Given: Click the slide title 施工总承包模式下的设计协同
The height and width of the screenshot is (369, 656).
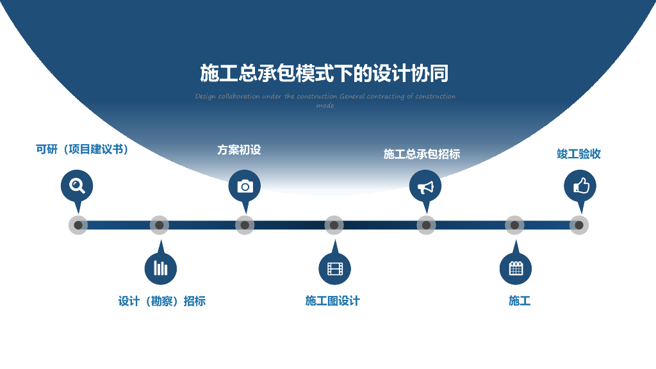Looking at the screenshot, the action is (x=324, y=74).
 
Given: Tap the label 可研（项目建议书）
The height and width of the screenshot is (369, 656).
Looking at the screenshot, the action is (x=83, y=149).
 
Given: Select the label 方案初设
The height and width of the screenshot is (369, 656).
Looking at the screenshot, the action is (x=239, y=150).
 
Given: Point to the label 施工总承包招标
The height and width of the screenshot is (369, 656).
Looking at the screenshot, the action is (x=422, y=154).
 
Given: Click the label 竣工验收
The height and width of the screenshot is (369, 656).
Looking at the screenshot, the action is (x=578, y=154).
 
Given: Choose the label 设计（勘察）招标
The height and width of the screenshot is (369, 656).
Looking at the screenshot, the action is (x=161, y=301).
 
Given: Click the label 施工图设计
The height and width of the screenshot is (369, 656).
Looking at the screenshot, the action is (x=332, y=300).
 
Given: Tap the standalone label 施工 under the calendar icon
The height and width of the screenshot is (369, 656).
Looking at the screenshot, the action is (x=520, y=300).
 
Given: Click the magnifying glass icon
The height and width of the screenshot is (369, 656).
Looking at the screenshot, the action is (x=77, y=186).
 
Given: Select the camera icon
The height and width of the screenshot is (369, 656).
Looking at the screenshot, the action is (x=245, y=186).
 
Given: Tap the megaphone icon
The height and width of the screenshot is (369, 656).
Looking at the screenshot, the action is (x=425, y=186).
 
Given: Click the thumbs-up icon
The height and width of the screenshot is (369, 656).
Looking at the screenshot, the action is (x=580, y=186).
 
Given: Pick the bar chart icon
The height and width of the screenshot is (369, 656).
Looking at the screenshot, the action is (x=160, y=268).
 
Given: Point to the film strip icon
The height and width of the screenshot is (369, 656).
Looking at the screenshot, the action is (x=334, y=268).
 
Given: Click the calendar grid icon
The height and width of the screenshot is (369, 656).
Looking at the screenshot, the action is (x=516, y=268).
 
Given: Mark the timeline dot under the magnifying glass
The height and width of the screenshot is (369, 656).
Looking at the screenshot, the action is (x=78, y=225).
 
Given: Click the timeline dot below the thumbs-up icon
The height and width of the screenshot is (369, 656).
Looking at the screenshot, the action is (x=579, y=225).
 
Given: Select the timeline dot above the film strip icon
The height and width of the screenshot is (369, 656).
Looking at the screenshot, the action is (x=334, y=225).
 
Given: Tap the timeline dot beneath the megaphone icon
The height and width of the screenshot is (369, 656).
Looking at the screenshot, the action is (x=426, y=225).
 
